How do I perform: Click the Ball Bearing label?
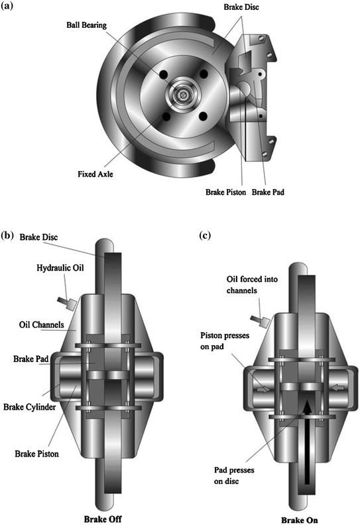[86, 25]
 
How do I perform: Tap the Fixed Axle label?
[95, 174]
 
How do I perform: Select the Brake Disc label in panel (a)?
[241, 7]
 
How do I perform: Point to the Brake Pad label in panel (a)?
[268, 192]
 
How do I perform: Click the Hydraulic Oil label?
[60, 268]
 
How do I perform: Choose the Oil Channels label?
[42, 324]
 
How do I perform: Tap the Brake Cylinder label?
[29, 407]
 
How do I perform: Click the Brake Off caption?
[103, 519]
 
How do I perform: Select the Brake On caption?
[299, 520]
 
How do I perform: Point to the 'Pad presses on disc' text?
[234, 475]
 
